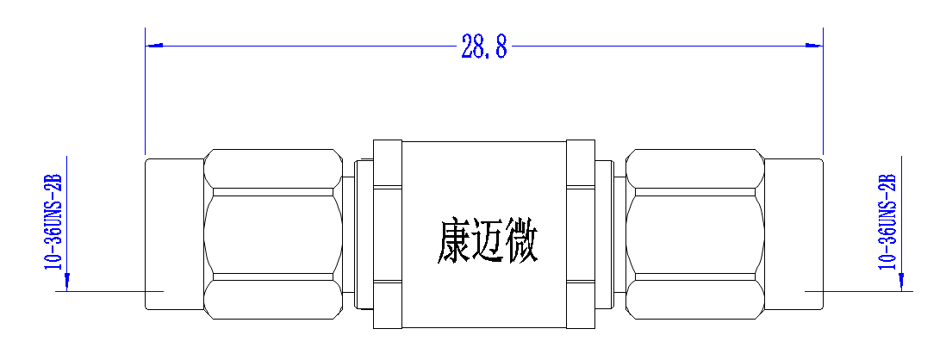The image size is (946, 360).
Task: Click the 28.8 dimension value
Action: (x=484, y=46)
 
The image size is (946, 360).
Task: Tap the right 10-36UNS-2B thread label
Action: (x=887, y=221)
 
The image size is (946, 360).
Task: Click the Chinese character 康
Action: (x=454, y=242)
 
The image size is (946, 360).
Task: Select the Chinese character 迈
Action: (x=488, y=242)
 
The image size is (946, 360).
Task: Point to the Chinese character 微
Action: (x=521, y=242)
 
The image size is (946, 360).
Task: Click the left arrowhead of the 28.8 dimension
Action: (x=154, y=46)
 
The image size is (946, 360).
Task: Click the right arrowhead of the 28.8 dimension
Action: (x=814, y=46)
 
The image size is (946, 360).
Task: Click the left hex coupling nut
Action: (x=273, y=234)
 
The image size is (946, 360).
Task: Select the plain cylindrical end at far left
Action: (x=174, y=234)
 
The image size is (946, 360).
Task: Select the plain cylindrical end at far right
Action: (x=794, y=234)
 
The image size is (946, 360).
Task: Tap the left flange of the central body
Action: (x=388, y=234)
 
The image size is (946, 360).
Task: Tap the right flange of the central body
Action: (x=581, y=234)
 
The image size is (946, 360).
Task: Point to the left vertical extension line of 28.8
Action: (x=146, y=90)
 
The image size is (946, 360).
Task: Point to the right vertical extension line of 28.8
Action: (x=823, y=90)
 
